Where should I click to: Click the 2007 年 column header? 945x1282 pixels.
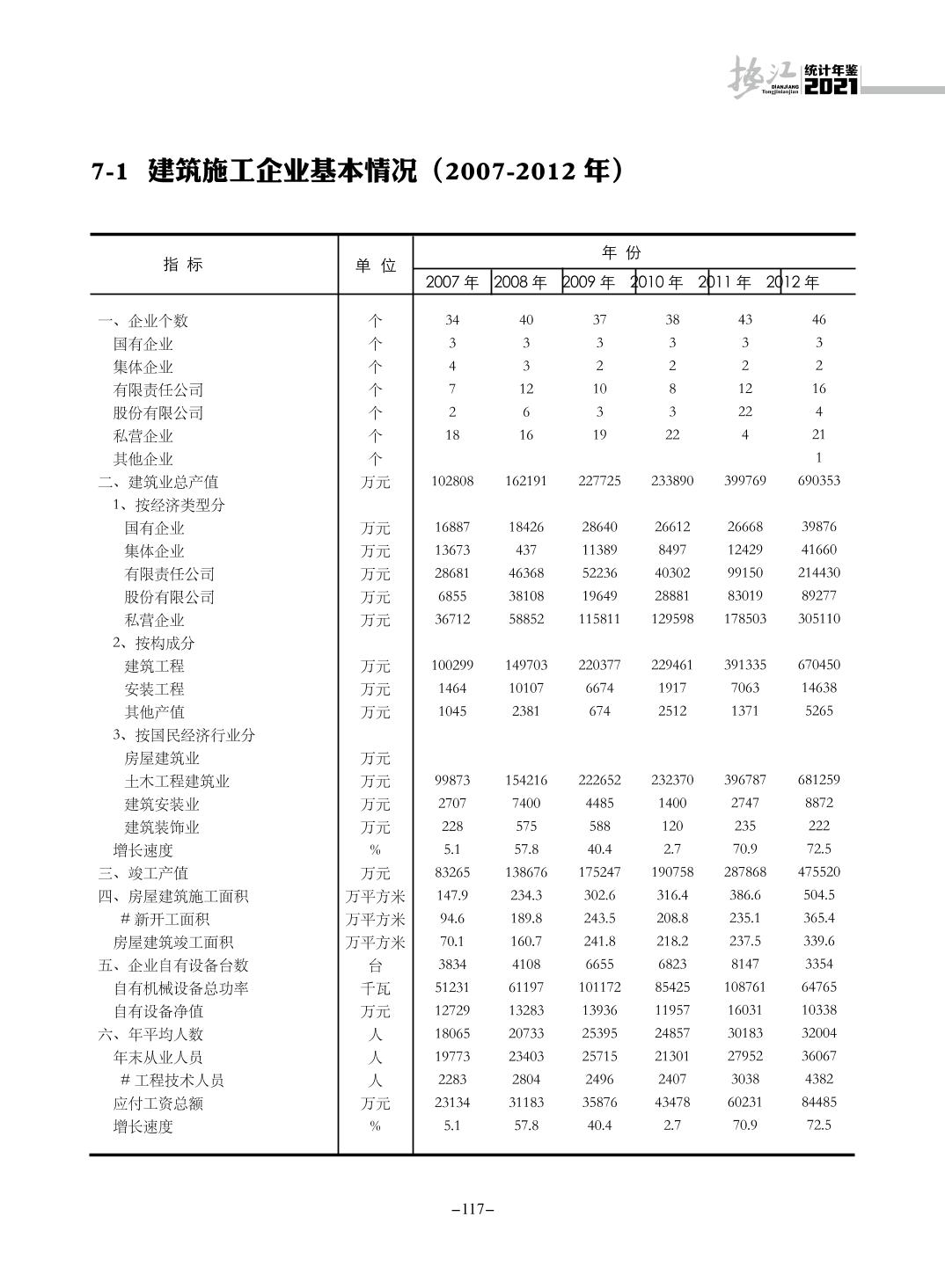452,282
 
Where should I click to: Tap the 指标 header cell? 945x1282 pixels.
183,265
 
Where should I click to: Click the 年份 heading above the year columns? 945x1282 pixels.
621,253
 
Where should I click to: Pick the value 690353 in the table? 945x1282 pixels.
818,481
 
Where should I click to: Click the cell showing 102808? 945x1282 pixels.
452,481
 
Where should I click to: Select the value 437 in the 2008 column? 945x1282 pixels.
526,550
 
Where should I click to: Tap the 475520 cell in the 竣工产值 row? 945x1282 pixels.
818,872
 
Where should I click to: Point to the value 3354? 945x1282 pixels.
818,964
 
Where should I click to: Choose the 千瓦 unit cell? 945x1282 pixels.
376,988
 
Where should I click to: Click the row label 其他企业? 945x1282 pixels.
143,459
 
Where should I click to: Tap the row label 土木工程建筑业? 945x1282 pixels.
177,781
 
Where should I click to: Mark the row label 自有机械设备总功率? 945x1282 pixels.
181,988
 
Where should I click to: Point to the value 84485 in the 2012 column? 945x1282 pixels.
818,1102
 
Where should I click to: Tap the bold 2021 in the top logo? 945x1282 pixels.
831,87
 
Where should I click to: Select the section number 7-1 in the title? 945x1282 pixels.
111,171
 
